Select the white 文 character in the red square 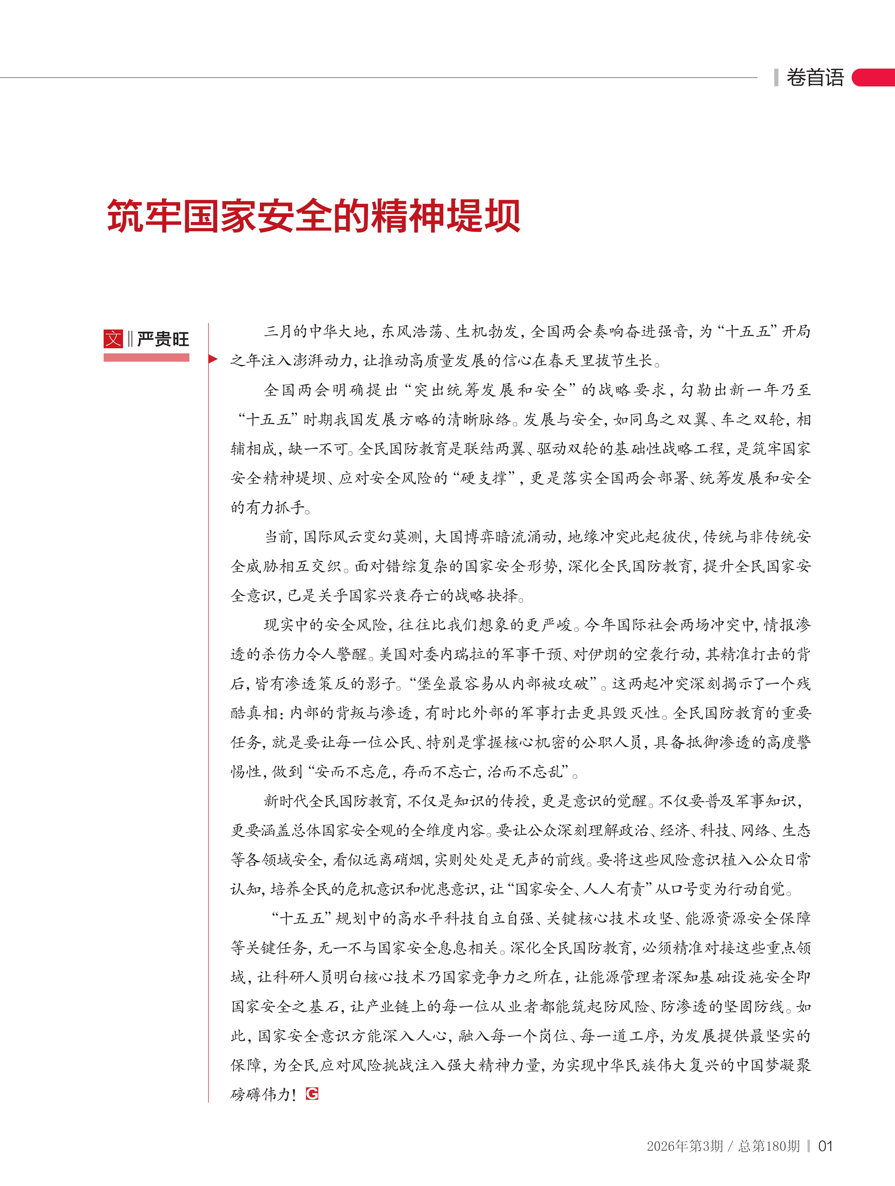pos(113,339)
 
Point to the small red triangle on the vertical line pos(213,359)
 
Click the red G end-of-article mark pos(312,1094)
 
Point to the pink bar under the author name pos(146,357)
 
